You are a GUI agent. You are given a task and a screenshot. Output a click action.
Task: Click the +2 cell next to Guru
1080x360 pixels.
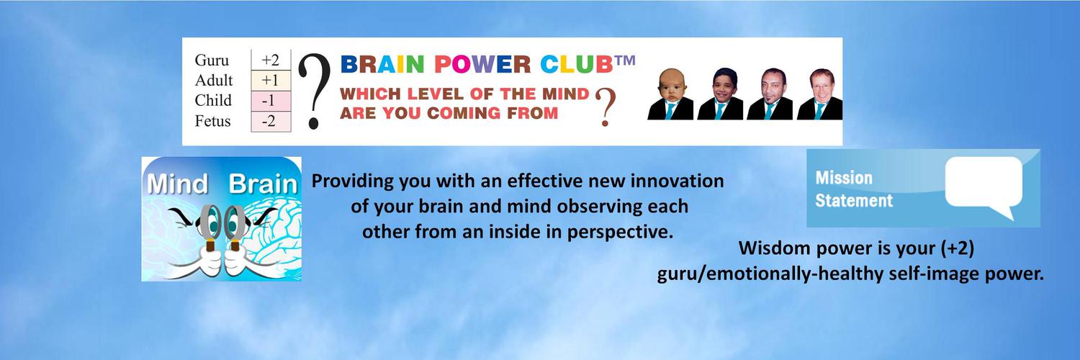pos(271,60)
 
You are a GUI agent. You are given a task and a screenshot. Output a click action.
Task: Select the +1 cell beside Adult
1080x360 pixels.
pos(271,81)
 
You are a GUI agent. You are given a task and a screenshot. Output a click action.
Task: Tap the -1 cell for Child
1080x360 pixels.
pos(271,101)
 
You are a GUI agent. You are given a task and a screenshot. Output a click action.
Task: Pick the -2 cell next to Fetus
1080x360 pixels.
pos(271,121)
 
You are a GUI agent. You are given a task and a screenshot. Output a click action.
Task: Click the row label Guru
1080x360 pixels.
pos(212,60)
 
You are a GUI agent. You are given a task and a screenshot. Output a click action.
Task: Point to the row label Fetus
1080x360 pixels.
pos(212,121)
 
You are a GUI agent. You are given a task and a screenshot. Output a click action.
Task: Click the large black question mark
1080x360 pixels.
pos(315,91)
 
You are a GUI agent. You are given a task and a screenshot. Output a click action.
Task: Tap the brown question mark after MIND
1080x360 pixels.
pos(606,107)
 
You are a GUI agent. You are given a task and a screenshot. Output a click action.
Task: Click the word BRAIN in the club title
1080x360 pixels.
pos(382,65)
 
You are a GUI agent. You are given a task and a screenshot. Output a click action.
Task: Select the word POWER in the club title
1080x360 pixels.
pos(482,65)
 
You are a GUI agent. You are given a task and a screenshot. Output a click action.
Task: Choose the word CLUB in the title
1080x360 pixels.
pos(576,65)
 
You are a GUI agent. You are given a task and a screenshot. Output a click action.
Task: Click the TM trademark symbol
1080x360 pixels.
pos(625,60)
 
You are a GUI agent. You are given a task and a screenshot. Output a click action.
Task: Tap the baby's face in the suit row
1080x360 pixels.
pos(670,86)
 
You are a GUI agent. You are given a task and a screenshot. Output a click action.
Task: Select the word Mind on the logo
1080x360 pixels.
pos(177,184)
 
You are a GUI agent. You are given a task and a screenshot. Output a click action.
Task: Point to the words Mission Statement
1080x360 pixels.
pos(854,189)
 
